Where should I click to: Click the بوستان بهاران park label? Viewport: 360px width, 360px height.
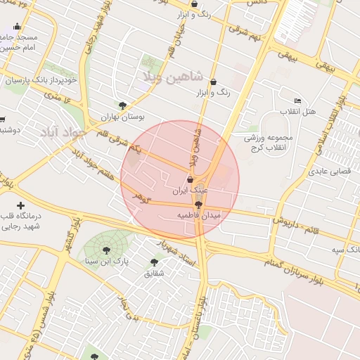click(x=122, y=117)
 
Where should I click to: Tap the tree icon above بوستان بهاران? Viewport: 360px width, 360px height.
click(x=122, y=105)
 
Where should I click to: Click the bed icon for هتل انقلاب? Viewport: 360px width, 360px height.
click(x=297, y=101)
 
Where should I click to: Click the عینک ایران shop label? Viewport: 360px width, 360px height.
click(x=191, y=191)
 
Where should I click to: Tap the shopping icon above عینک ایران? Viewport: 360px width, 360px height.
click(x=190, y=179)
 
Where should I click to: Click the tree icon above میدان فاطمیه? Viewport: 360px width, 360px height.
click(x=198, y=204)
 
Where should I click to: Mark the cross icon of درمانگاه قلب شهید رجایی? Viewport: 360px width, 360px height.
click(x=20, y=205)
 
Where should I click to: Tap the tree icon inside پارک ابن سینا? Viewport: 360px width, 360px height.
click(x=105, y=250)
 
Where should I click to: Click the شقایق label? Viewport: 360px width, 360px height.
click(x=153, y=274)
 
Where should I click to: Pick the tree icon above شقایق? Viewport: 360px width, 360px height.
click(x=153, y=262)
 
